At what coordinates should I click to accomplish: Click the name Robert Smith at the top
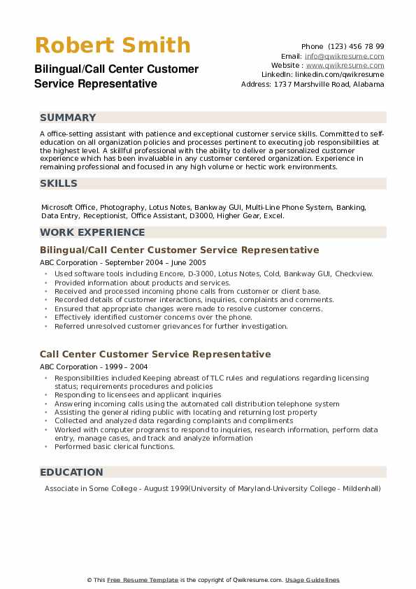(112, 45)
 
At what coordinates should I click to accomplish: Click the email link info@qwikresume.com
(344, 56)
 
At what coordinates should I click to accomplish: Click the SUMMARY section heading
(68, 118)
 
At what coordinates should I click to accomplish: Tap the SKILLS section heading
(59, 183)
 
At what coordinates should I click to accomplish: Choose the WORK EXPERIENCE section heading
(92, 232)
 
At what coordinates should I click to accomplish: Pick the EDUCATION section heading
(71, 472)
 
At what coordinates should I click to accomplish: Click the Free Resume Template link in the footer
(143, 580)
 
